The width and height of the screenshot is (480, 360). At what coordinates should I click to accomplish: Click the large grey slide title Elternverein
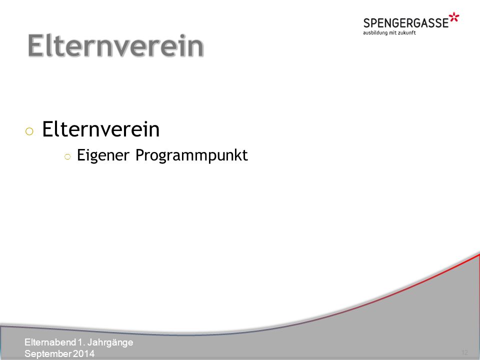click(x=115, y=45)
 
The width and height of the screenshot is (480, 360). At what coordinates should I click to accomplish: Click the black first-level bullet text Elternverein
click(x=100, y=129)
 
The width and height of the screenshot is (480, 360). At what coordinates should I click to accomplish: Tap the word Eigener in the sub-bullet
click(x=103, y=155)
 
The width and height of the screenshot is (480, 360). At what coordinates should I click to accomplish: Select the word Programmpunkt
click(x=191, y=155)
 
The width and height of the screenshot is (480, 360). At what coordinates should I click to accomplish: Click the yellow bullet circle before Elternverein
click(x=29, y=131)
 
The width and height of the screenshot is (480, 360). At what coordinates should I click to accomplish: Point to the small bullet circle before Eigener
click(x=67, y=157)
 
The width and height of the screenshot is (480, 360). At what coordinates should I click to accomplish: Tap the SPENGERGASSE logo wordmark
click(x=406, y=23)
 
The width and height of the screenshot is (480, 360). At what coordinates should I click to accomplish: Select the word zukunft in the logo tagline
click(x=407, y=33)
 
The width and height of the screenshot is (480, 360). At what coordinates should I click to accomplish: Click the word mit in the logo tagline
click(x=393, y=33)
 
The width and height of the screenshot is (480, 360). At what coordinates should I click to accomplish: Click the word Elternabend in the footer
click(x=50, y=342)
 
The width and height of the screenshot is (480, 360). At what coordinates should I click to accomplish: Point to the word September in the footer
click(x=48, y=354)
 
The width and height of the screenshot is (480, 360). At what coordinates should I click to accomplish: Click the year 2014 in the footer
click(x=83, y=353)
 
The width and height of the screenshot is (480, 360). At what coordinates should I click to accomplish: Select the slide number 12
click(x=464, y=352)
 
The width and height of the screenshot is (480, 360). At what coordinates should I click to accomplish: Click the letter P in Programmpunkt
click(x=140, y=154)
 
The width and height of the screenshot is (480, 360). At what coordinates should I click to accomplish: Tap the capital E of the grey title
click(x=35, y=45)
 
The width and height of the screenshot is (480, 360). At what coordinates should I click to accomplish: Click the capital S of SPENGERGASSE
click(x=367, y=23)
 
